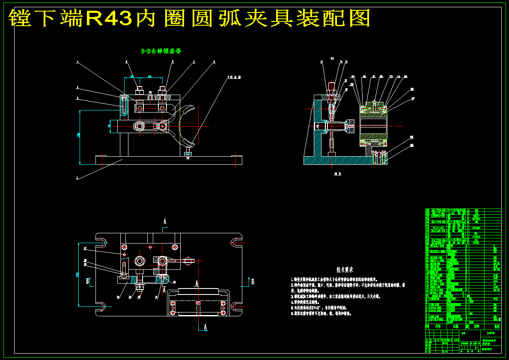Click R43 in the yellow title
109,18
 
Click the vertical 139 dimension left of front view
79,135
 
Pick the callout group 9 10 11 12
235,77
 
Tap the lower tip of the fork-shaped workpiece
189,146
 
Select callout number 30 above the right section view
364,77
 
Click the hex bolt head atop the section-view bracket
332,86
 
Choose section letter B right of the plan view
253,282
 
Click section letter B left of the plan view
87,281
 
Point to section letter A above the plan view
164,221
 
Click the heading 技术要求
345,270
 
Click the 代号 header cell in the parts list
437,326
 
